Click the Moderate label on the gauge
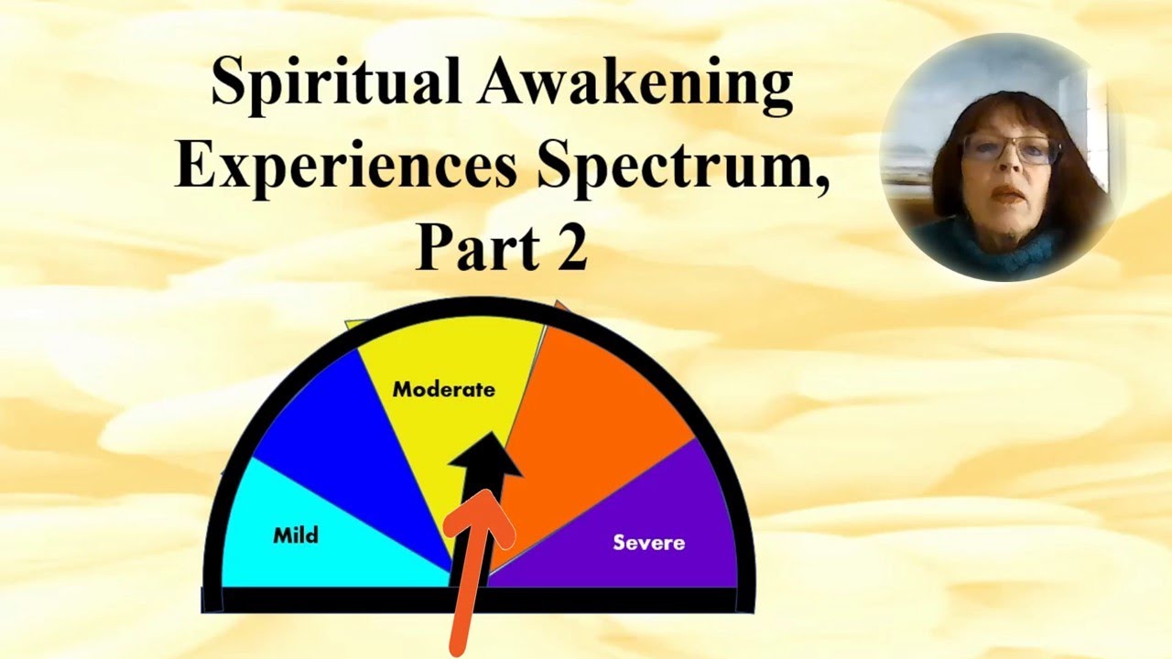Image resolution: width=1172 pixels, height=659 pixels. [x=443, y=389]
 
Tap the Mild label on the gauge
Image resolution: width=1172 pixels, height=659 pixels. [x=296, y=535]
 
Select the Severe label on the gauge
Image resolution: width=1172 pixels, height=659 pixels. [x=648, y=543]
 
